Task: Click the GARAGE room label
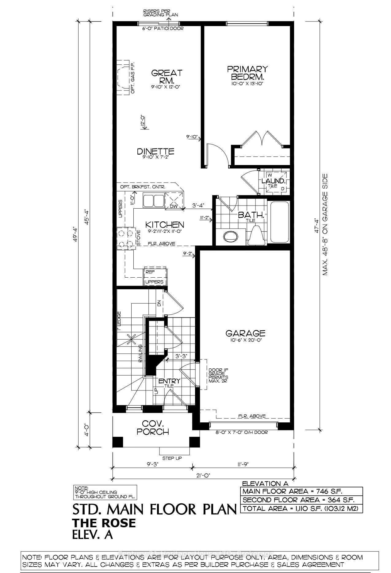click(245, 333)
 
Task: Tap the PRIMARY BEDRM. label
click(247, 73)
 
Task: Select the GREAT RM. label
click(167, 77)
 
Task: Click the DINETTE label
click(155, 151)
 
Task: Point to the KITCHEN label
click(164, 224)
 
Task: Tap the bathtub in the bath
click(279, 221)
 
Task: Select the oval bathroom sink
click(231, 236)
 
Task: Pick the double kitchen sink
click(153, 201)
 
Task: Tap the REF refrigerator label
click(150, 272)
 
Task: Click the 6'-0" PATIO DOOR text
click(163, 29)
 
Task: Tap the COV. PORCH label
click(153, 428)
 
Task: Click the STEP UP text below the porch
click(172, 458)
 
